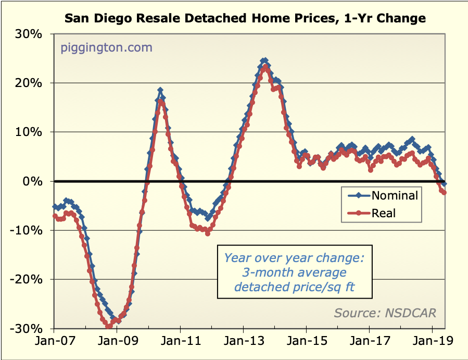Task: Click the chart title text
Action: point(245,19)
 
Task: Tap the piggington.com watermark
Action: point(107,48)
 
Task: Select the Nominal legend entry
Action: point(394,196)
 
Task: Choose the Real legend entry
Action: point(383,213)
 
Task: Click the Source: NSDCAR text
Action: point(385,313)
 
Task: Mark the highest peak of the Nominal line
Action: point(265,60)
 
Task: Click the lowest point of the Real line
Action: point(109,327)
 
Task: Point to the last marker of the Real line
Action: point(444,192)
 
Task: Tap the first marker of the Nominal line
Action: point(55,206)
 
